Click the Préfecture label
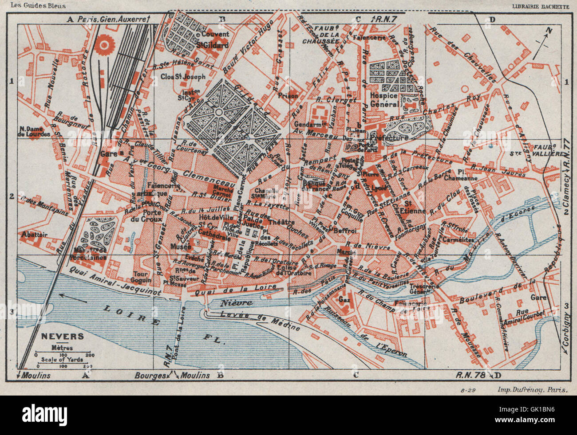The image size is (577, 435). point(391,138)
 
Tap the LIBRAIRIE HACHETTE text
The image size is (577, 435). point(540,6)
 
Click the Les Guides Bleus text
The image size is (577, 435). point(44,6)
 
